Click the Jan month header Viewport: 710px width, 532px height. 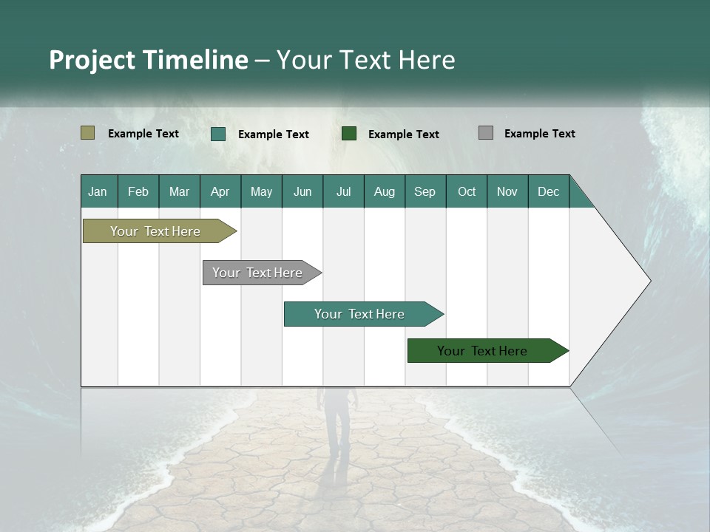[98, 191]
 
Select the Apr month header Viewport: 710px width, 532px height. [220, 191]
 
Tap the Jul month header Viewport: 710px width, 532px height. [343, 191]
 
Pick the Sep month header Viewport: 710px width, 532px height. [425, 191]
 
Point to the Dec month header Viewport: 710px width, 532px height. [548, 191]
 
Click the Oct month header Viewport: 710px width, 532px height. [466, 191]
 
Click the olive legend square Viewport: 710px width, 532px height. [87, 133]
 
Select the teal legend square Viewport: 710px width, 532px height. [217, 134]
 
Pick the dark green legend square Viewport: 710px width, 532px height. [348, 134]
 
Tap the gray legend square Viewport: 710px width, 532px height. [485, 133]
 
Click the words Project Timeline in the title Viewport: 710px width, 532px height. [148, 60]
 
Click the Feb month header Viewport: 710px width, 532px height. [138, 191]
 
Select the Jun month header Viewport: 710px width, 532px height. [302, 191]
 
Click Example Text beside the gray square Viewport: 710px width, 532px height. [539, 133]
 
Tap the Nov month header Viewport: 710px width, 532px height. [507, 191]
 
